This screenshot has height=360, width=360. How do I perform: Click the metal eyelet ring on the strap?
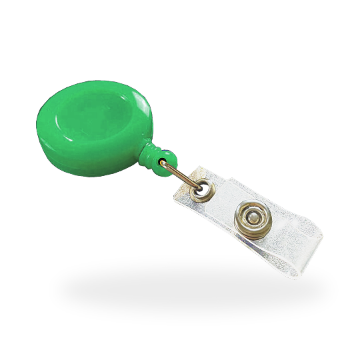point(198,193)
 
